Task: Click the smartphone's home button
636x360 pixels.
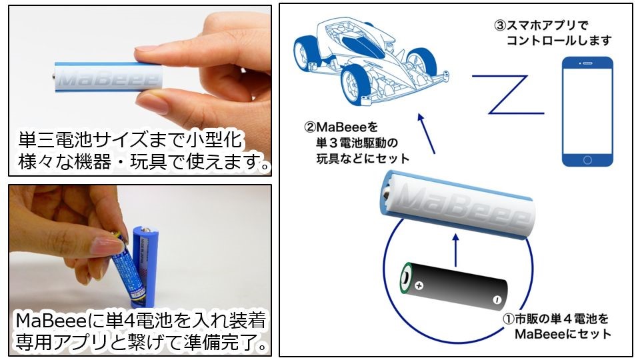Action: point(587,160)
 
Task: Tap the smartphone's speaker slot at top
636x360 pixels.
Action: point(588,63)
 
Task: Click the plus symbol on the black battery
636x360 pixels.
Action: point(419,285)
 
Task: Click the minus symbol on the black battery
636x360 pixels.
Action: point(497,300)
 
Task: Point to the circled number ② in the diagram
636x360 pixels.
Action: point(310,127)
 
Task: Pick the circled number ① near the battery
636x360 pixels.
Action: point(509,319)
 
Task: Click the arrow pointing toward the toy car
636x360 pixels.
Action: point(426,133)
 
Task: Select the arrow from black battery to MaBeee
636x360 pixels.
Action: point(455,250)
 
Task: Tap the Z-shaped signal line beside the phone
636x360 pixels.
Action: point(507,94)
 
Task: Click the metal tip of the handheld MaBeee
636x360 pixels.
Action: point(53,76)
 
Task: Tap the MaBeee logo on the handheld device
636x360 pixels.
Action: point(108,79)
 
